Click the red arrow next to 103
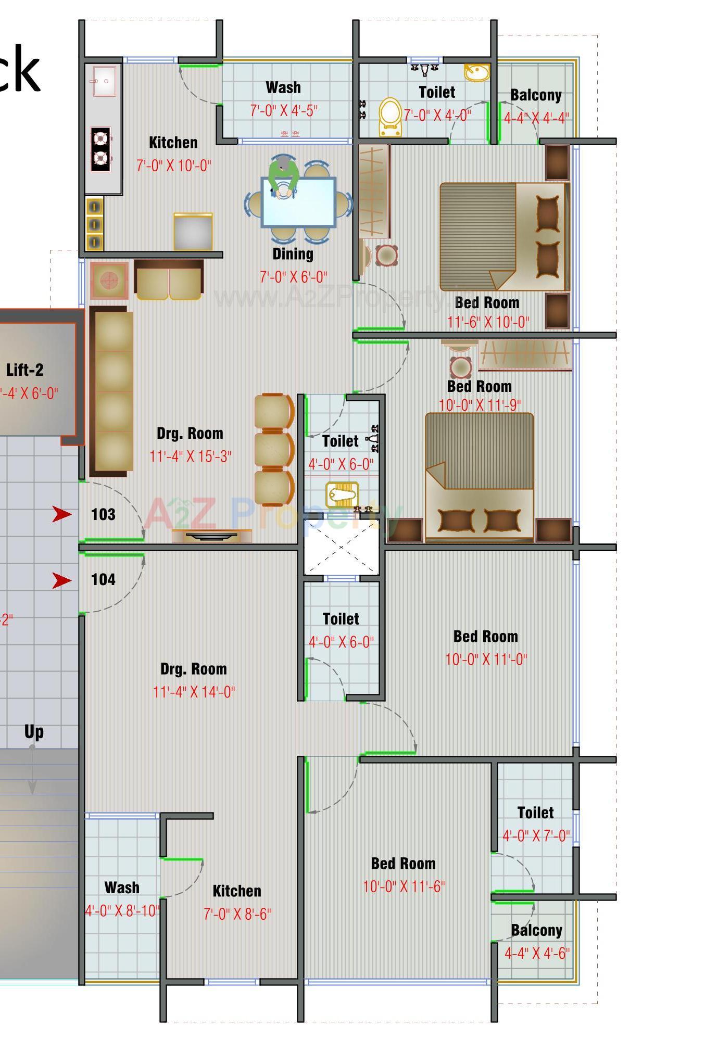pyautogui.click(x=62, y=514)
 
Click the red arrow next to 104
pyautogui.click(x=62, y=580)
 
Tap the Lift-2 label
pyautogui.click(x=24, y=370)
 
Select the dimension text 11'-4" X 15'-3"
pyautogui.click(x=190, y=456)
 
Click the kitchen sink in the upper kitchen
pyautogui.click(x=104, y=81)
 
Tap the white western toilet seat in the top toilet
pyautogui.click(x=390, y=116)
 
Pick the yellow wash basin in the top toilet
pyautogui.click(x=476, y=72)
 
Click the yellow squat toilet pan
pyautogui.click(x=343, y=494)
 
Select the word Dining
pyautogui.click(x=293, y=254)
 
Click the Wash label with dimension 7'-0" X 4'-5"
pyautogui.click(x=283, y=87)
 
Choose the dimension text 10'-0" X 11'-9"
pyautogui.click(x=480, y=405)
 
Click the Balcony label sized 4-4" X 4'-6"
pyautogui.click(x=536, y=930)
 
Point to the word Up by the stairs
pyautogui.click(x=34, y=732)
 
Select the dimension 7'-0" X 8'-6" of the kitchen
pyautogui.click(x=237, y=914)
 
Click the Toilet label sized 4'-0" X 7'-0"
pyautogui.click(x=535, y=813)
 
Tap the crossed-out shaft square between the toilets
pyautogui.click(x=342, y=547)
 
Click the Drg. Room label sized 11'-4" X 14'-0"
pyautogui.click(x=194, y=669)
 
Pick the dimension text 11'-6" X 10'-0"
pyautogui.click(x=488, y=322)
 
